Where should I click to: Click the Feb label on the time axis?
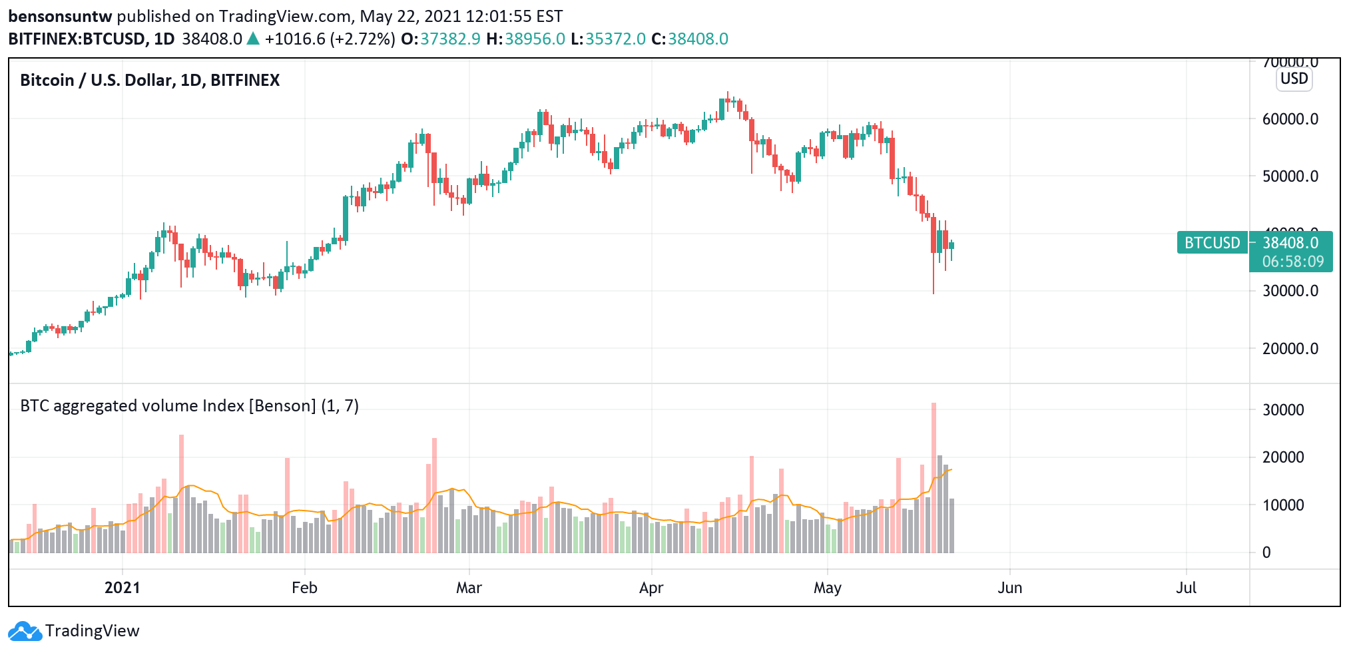(x=304, y=588)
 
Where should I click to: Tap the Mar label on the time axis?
(x=469, y=588)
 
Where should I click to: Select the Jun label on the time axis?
(x=1009, y=588)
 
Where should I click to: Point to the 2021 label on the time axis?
(x=123, y=588)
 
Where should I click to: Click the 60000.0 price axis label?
(x=1290, y=119)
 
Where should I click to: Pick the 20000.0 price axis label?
(x=1290, y=349)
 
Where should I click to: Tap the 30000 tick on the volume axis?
(x=1283, y=410)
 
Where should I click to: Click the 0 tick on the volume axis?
(x=1266, y=552)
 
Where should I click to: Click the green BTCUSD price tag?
(x=1212, y=243)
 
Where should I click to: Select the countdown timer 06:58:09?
(x=1292, y=262)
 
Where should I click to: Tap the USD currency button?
(x=1294, y=79)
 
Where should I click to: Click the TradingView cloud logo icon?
(x=25, y=631)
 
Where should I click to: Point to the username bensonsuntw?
(x=60, y=16)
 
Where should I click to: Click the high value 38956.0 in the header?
(x=535, y=39)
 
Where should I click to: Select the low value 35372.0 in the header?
(x=615, y=39)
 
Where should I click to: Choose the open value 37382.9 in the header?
(x=450, y=39)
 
